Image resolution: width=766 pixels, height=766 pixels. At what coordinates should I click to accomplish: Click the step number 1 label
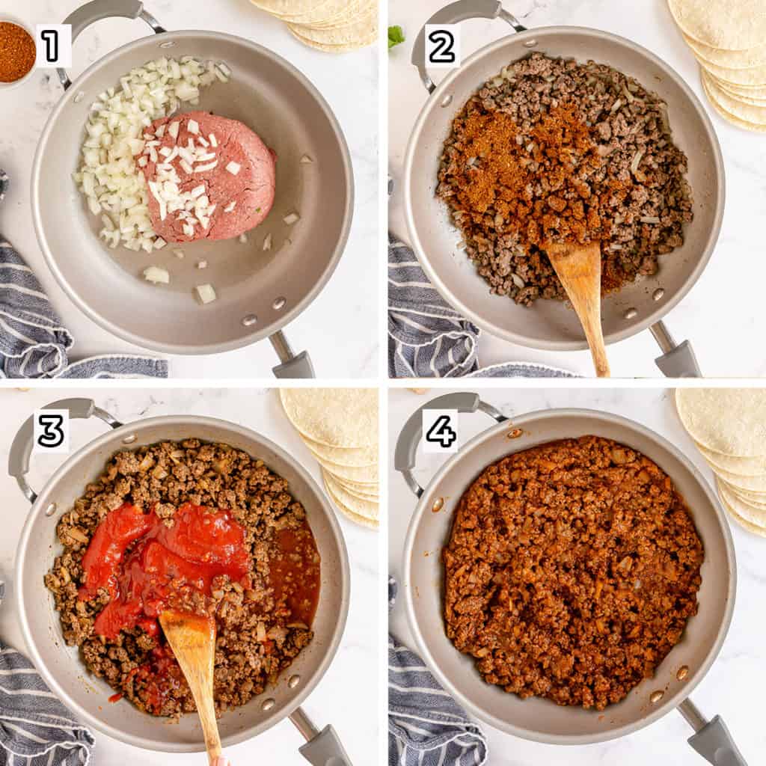51,46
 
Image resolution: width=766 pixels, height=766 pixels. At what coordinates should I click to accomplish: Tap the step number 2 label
441,46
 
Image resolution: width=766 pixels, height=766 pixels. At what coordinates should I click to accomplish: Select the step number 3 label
52,430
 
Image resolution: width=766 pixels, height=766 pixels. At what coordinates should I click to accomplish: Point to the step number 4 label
441,430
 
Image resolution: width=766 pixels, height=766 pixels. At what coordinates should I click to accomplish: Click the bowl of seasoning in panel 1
16,53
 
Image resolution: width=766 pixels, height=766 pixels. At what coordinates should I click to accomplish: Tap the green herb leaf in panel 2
396,37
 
